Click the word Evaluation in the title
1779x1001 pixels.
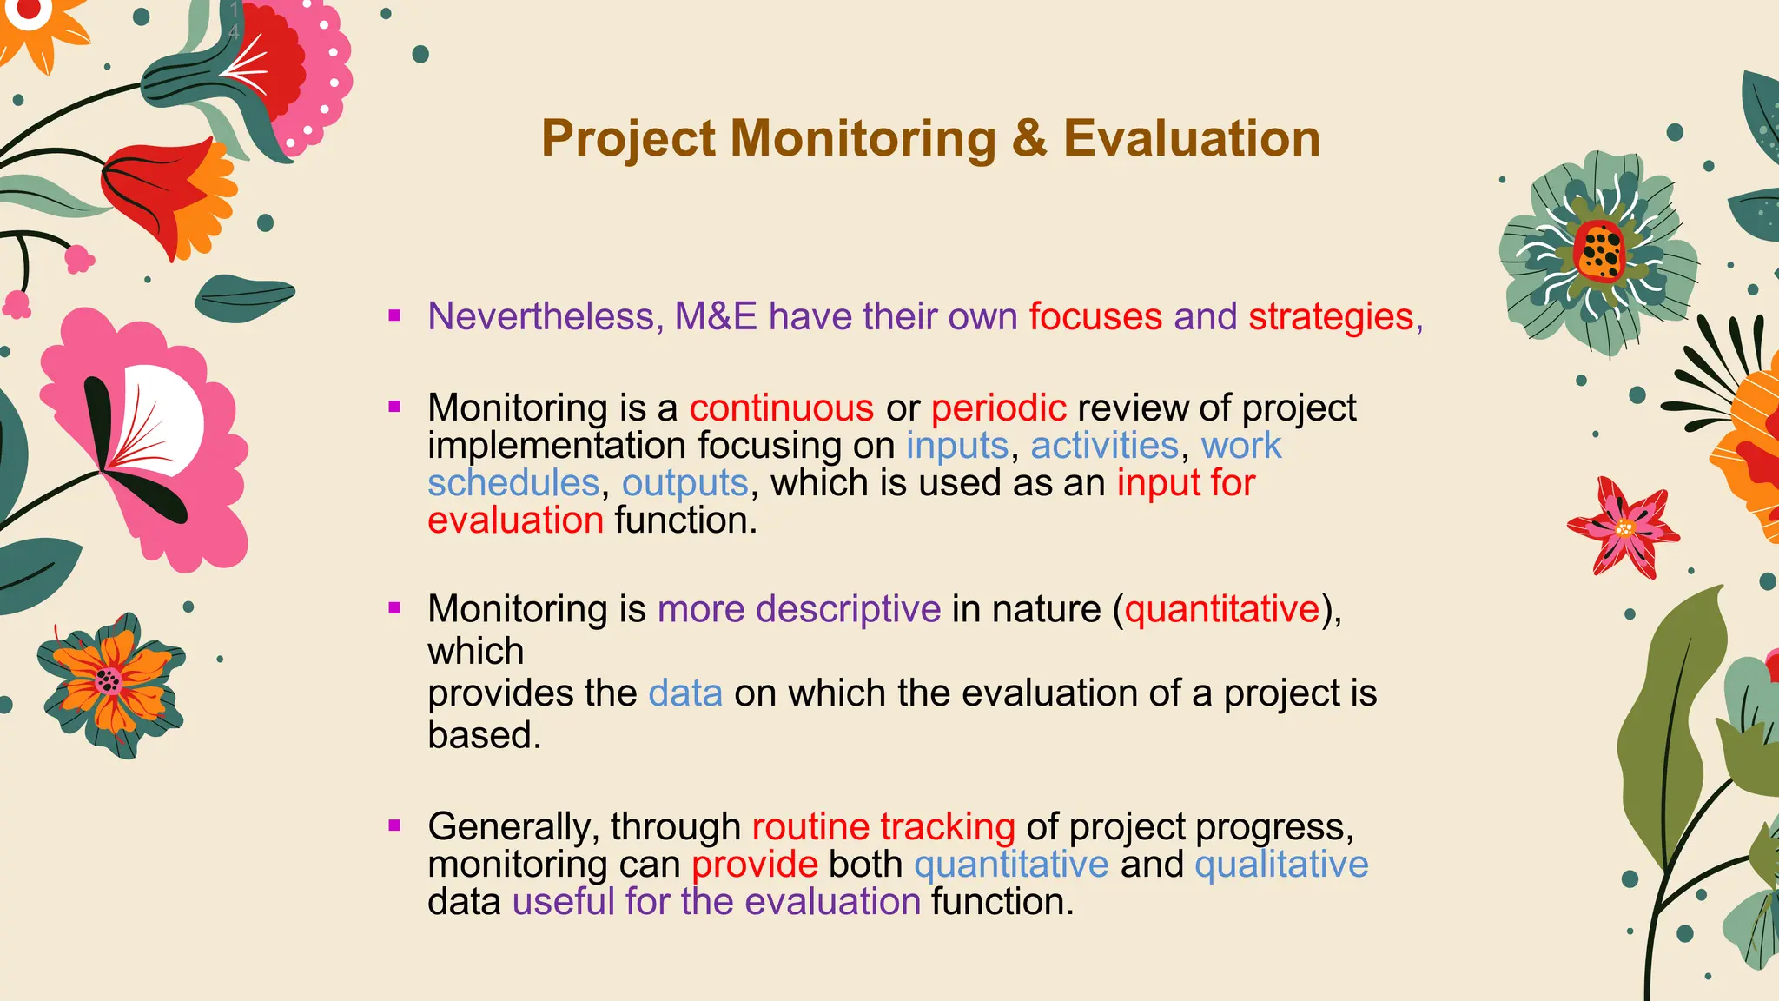point(1191,139)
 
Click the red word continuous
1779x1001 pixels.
point(781,408)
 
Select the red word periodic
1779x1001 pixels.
point(998,408)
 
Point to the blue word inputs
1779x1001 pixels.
point(956,446)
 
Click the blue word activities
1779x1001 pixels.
point(1104,446)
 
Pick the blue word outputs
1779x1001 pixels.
point(684,483)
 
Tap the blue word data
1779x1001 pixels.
point(684,693)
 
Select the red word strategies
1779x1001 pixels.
point(1331,316)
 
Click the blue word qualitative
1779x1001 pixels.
point(1281,865)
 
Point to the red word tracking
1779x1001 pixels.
point(947,826)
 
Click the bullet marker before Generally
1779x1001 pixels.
point(395,825)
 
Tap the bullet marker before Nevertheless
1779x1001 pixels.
point(395,315)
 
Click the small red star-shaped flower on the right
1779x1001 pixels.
point(1624,527)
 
